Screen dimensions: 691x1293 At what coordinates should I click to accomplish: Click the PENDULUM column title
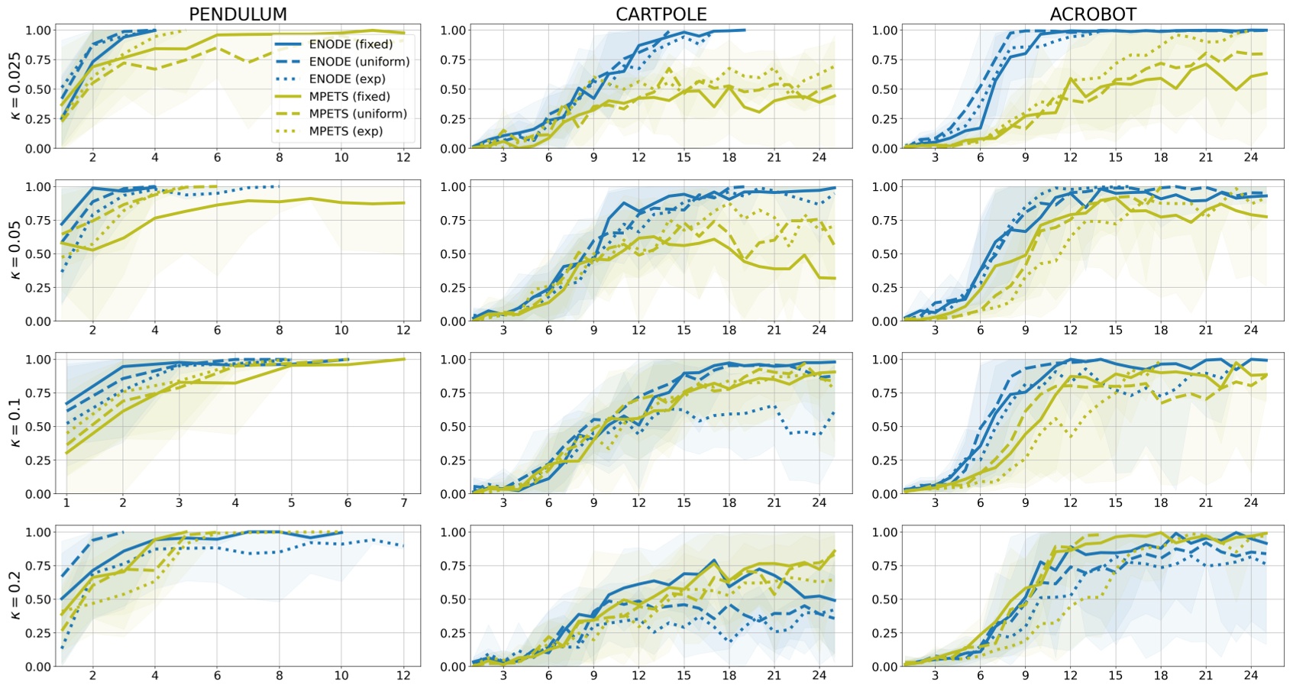click(x=238, y=14)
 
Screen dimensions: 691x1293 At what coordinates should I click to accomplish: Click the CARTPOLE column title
click(x=661, y=14)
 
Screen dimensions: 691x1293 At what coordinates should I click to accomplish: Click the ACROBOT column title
click(x=1093, y=14)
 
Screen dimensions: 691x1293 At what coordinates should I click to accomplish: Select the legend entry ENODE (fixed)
click(x=351, y=44)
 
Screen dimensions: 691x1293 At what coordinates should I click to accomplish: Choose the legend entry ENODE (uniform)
click(x=359, y=62)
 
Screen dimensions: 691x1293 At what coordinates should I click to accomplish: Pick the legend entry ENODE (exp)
click(x=347, y=79)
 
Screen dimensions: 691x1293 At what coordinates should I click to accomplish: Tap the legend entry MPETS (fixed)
click(x=349, y=96)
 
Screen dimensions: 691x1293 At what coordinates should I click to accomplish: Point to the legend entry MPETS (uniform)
click(x=357, y=114)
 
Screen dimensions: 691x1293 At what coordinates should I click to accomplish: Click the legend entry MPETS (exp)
click(x=345, y=131)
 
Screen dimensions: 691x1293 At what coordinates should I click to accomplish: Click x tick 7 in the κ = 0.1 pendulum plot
click(x=404, y=502)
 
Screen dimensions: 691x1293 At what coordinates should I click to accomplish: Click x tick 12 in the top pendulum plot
click(x=403, y=157)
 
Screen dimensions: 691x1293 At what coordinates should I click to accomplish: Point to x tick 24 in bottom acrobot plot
click(x=1250, y=675)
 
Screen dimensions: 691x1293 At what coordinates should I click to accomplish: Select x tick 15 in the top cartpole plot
click(x=684, y=157)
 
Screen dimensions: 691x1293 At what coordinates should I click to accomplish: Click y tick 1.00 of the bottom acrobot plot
click(x=884, y=532)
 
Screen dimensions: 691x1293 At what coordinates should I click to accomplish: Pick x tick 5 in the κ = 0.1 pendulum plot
click(x=291, y=502)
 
